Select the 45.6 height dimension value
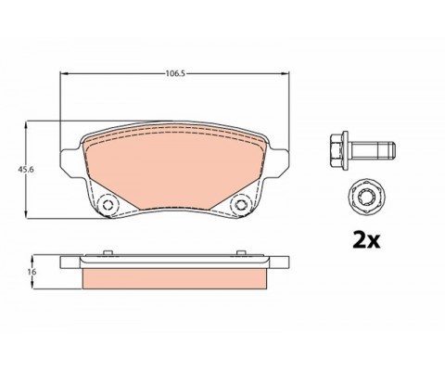(x=22, y=170)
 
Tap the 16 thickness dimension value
(x=32, y=272)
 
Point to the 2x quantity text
(x=366, y=240)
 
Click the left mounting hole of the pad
(x=108, y=204)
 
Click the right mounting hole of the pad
(x=240, y=204)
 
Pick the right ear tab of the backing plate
(x=279, y=162)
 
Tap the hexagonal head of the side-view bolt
(x=337, y=150)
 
